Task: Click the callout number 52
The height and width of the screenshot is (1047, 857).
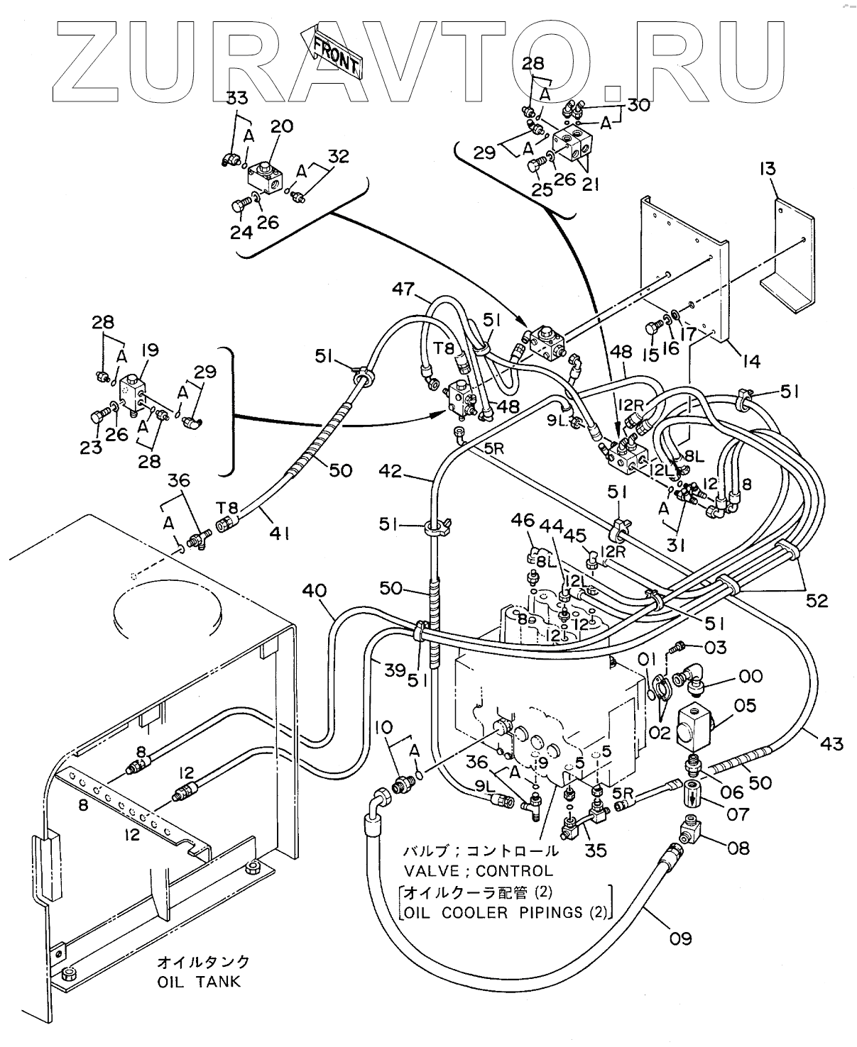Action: click(x=817, y=601)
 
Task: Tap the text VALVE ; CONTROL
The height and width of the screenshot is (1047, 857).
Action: click(x=478, y=870)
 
